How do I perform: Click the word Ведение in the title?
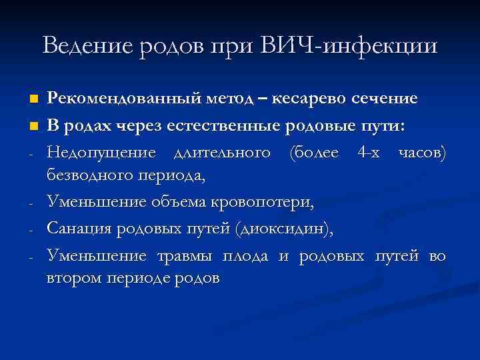[x=85, y=46]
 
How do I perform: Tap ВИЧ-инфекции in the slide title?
[x=349, y=46]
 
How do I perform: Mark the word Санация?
[x=79, y=229]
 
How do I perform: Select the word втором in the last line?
[x=71, y=278]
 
